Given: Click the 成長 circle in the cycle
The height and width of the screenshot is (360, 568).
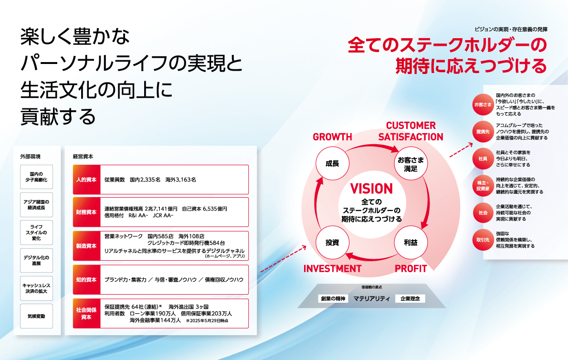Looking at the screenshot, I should coord(332,163).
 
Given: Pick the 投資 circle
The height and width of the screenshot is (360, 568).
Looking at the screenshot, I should coord(332,243).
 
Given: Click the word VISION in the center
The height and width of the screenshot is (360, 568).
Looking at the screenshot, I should coord(371,189).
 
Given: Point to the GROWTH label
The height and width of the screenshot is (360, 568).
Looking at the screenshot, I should coord(332,137).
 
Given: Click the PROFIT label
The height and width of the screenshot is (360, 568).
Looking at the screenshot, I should coord(410,268).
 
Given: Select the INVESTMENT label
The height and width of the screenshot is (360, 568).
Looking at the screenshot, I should coord(332,268).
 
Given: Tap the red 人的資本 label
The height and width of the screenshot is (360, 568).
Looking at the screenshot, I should coord(86,180).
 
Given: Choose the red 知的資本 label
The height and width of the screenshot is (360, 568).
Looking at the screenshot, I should coord(86,279).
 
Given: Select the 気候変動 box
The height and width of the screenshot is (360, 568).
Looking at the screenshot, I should coord(40,316).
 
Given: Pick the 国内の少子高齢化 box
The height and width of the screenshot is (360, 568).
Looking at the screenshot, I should coord(40,177).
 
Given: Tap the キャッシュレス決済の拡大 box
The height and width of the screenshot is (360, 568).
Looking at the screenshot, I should coord(40,288).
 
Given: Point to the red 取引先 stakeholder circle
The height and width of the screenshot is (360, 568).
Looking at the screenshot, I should coord(483,239).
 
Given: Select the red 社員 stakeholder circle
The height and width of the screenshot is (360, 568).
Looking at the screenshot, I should coord(483,158).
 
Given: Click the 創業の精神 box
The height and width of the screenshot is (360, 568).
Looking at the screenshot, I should coord(332,299).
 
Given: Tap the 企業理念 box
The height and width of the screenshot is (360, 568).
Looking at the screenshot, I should coord(410,299).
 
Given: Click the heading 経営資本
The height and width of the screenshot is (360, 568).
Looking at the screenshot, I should coord(83,156).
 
